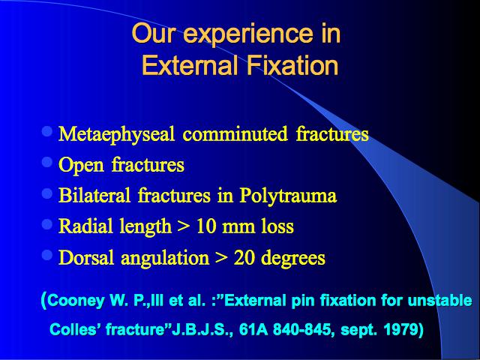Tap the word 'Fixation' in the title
pyautogui.click(x=292, y=65)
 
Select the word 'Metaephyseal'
pyautogui.click(x=117, y=134)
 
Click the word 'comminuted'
pyautogui.click(x=235, y=133)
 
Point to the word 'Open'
pyautogui.click(x=81, y=165)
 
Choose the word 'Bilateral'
pyautogui.click(x=94, y=195)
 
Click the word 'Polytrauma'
pyautogui.click(x=288, y=196)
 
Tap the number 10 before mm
pyautogui.click(x=206, y=226)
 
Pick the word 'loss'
pyautogui.click(x=277, y=226)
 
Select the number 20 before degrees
pyautogui.click(x=244, y=258)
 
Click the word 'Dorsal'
pyautogui.click(x=86, y=257)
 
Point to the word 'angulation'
pyautogui.click(x=165, y=258)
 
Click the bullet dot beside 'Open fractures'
pyautogui.click(x=47, y=162)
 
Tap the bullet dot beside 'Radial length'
pyautogui.click(x=47, y=224)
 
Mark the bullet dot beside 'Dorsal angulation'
pyautogui.click(x=47, y=255)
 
